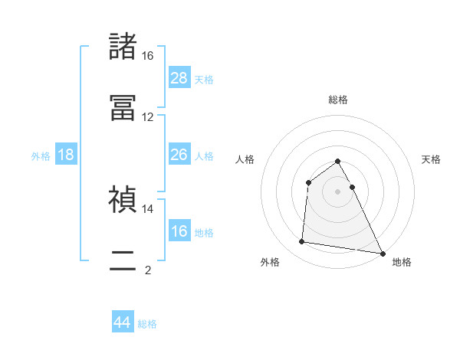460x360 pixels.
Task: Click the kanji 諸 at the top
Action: click(123, 47)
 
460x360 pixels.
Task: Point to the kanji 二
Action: click(123, 260)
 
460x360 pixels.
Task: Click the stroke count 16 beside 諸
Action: click(148, 56)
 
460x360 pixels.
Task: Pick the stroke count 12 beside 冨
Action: click(148, 117)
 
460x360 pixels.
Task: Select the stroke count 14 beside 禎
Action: click(148, 208)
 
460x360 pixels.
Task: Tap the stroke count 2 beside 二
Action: click(148, 270)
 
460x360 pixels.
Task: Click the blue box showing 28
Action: click(179, 78)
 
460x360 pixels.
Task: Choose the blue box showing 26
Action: click(179, 155)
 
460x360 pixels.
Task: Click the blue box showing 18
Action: click(66, 155)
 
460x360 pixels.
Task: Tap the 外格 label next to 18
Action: click(41, 155)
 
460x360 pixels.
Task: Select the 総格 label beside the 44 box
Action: click(147, 324)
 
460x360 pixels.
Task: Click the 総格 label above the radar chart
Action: click(338, 100)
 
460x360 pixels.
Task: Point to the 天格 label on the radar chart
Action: click(432, 159)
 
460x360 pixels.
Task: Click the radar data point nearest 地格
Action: click(383, 254)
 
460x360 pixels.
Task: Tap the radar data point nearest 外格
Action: click(301, 242)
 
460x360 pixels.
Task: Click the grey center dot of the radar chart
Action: click(338, 191)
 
